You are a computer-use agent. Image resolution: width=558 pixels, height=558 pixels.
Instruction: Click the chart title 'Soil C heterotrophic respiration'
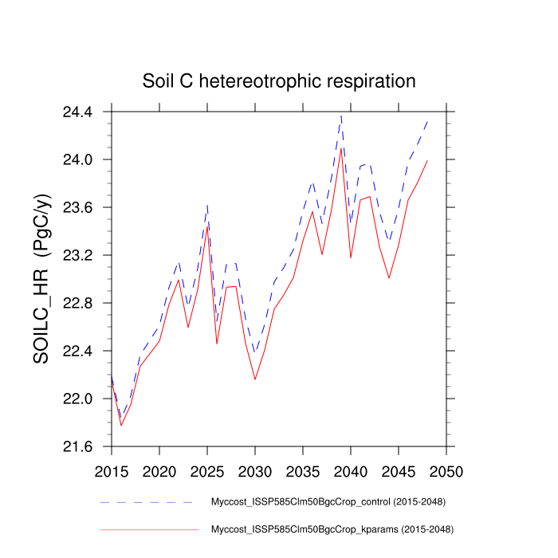point(279,81)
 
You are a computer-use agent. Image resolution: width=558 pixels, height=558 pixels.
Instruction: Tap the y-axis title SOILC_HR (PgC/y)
point(42,279)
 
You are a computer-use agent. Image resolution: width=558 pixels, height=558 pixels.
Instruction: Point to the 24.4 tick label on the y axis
point(77,112)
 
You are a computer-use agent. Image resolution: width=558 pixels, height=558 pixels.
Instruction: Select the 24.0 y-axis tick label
point(77,160)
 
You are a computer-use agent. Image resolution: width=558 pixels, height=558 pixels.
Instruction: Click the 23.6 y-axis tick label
point(77,208)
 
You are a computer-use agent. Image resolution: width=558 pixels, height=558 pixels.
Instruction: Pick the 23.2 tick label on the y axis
point(77,256)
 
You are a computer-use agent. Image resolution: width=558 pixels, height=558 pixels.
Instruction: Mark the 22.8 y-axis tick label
point(77,304)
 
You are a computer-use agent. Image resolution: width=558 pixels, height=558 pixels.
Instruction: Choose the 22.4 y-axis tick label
point(77,352)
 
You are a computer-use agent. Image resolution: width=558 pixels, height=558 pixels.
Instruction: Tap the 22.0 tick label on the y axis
point(77,399)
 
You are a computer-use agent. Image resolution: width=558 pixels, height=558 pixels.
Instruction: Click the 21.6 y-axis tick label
point(77,447)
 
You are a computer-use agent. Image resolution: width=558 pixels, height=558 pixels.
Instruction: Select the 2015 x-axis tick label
point(112,471)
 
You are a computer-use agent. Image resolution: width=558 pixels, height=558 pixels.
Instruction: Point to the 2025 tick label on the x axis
point(207,471)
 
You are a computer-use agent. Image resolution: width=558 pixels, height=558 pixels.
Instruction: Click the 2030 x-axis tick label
point(255,471)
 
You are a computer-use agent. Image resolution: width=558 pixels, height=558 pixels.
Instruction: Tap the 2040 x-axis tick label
point(351,471)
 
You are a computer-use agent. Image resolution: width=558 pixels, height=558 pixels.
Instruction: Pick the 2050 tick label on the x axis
point(446,471)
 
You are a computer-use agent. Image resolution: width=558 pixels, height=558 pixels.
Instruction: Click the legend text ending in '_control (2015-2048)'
point(327,503)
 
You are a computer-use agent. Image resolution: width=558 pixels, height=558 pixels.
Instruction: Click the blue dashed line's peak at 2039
point(341,116)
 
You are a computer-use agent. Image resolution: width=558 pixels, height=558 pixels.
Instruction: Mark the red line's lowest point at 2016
point(121,425)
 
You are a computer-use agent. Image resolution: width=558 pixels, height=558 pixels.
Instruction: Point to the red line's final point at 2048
point(427,161)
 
